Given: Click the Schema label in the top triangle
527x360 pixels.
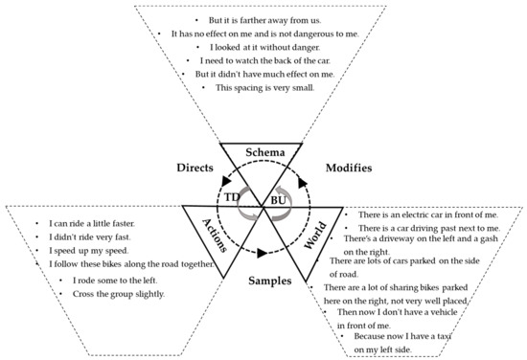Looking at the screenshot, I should (x=263, y=152).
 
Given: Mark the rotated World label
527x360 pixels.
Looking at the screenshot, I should (x=314, y=236).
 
